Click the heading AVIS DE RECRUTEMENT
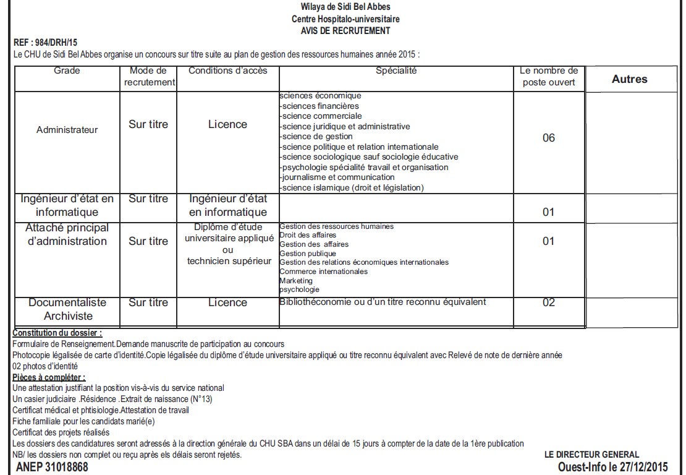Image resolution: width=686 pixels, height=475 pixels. tap(345, 30)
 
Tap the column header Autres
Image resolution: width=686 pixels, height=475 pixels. tap(629, 79)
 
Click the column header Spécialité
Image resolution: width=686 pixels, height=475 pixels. tap(396, 71)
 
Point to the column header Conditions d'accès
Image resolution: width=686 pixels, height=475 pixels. tap(228, 71)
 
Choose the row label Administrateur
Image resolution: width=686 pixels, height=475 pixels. tap(67, 130)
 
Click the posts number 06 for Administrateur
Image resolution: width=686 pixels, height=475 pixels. tap(548, 138)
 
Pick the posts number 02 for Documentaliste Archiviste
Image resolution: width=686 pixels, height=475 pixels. tap(548, 302)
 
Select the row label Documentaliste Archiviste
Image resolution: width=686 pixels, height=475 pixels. tap(67, 309)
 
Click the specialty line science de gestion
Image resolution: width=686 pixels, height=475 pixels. tap(316, 136)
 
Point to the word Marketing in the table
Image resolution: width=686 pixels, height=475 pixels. tap(296, 281)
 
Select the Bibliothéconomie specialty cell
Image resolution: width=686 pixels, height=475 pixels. tap(383, 302)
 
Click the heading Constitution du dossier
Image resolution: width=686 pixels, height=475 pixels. tap(57, 333)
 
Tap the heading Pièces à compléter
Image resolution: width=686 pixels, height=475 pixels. tap(49, 377)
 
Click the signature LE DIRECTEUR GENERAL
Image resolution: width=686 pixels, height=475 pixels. tap(591, 455)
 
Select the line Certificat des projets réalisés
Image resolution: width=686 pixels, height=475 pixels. tap(61, 432)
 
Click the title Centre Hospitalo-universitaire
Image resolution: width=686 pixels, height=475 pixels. tap(345, 19)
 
